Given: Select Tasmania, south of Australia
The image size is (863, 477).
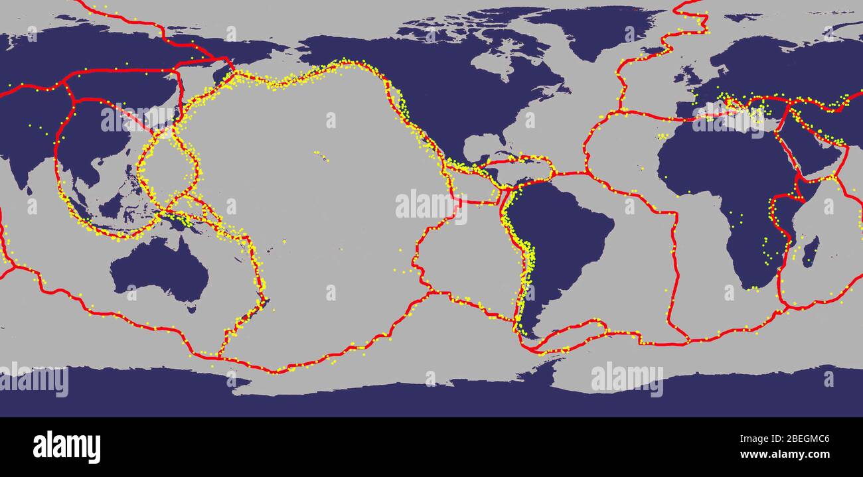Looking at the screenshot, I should coord(192,307).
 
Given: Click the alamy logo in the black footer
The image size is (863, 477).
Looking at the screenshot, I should coord(66,446).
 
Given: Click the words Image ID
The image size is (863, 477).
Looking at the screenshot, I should coord(754,439).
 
